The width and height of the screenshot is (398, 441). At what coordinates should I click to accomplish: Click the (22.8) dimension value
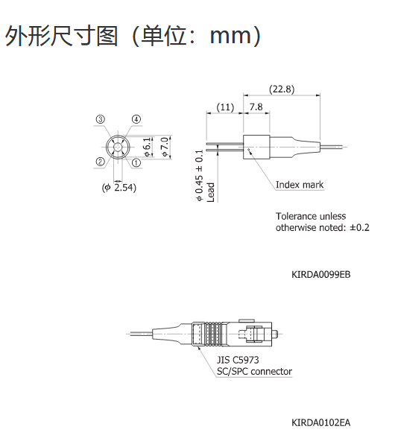[282, 89]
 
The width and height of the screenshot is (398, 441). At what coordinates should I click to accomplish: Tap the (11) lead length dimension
[225, 107]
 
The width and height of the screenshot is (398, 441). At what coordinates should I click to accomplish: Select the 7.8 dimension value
[256, 107]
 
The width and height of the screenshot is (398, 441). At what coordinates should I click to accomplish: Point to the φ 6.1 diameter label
[148, 147]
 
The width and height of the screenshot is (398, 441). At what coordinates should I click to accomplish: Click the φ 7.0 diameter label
[165, 147]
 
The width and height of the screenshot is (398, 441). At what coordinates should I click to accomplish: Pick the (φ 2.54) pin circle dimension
[119, 187]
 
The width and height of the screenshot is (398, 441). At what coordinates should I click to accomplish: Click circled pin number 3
[100, 119]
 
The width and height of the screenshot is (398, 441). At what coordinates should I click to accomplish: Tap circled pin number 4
[136, 119]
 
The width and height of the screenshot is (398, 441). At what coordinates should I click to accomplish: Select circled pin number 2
[100, 162]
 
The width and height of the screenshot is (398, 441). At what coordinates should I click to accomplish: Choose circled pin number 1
[136, 162]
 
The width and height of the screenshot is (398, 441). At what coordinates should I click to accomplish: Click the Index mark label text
[300, 185]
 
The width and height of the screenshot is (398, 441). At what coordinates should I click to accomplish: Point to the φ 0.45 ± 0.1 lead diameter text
[199, 176]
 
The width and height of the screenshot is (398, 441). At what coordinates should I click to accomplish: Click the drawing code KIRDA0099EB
[321, 274]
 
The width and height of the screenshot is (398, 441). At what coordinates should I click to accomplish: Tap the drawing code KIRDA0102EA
[321, 422]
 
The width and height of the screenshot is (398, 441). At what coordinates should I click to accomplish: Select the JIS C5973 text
[238, 360]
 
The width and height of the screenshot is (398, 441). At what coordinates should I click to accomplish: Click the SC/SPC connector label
[254, 372]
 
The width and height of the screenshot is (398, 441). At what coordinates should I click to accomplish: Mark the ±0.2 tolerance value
[359, 227]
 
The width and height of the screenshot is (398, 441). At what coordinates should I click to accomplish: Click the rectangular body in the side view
[256, 147]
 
